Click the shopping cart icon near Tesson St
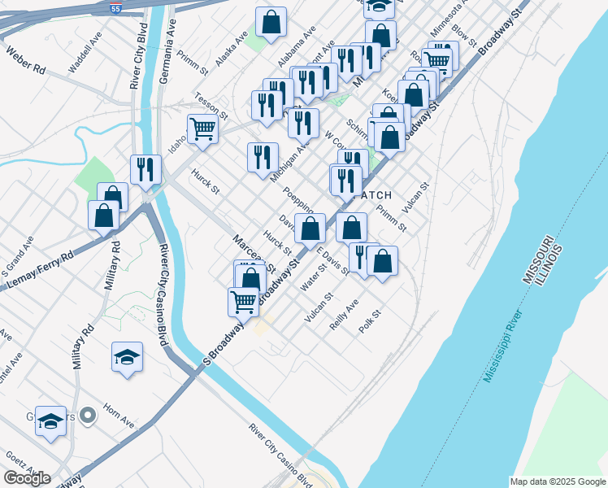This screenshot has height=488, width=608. point(202,128)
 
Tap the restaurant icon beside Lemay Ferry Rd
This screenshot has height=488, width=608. point(145,169)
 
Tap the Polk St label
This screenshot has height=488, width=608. point(370,321)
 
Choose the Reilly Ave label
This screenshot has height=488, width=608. point(344,314)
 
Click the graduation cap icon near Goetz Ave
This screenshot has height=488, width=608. point(50,421)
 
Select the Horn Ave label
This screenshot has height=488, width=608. point(119,417)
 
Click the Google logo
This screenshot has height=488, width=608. point(27,478)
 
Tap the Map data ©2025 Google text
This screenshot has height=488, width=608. point(557,481)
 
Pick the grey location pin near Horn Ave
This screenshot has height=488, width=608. point(89,416)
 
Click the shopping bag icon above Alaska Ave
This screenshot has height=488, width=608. point(271,23)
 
